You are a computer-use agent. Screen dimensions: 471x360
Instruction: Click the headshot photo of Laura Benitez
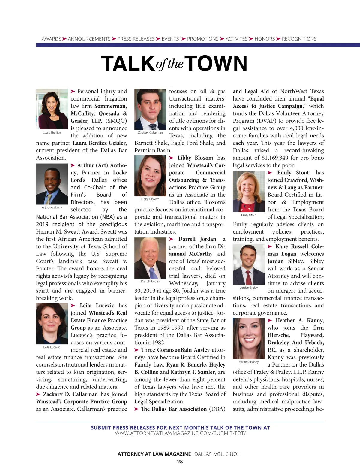52,109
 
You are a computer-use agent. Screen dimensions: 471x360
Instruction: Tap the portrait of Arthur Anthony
52,184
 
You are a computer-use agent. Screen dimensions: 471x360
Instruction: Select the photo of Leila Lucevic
52,324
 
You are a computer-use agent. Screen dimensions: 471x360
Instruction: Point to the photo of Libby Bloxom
150,176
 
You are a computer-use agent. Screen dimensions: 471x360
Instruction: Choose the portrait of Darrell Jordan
150,258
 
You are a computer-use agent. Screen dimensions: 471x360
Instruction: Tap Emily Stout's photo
249,191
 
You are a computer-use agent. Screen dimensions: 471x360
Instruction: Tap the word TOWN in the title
217,63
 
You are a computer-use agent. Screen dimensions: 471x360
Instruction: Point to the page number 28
180,462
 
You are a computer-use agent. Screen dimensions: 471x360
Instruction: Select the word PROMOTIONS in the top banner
203,39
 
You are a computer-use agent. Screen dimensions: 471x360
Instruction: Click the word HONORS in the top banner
265,39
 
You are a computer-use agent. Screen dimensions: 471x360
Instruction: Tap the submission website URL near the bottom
180,433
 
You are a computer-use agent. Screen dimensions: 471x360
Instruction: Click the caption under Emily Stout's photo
249,215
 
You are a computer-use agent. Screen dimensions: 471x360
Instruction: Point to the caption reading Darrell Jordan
150,281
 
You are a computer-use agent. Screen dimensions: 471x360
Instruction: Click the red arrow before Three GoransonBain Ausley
136,350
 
